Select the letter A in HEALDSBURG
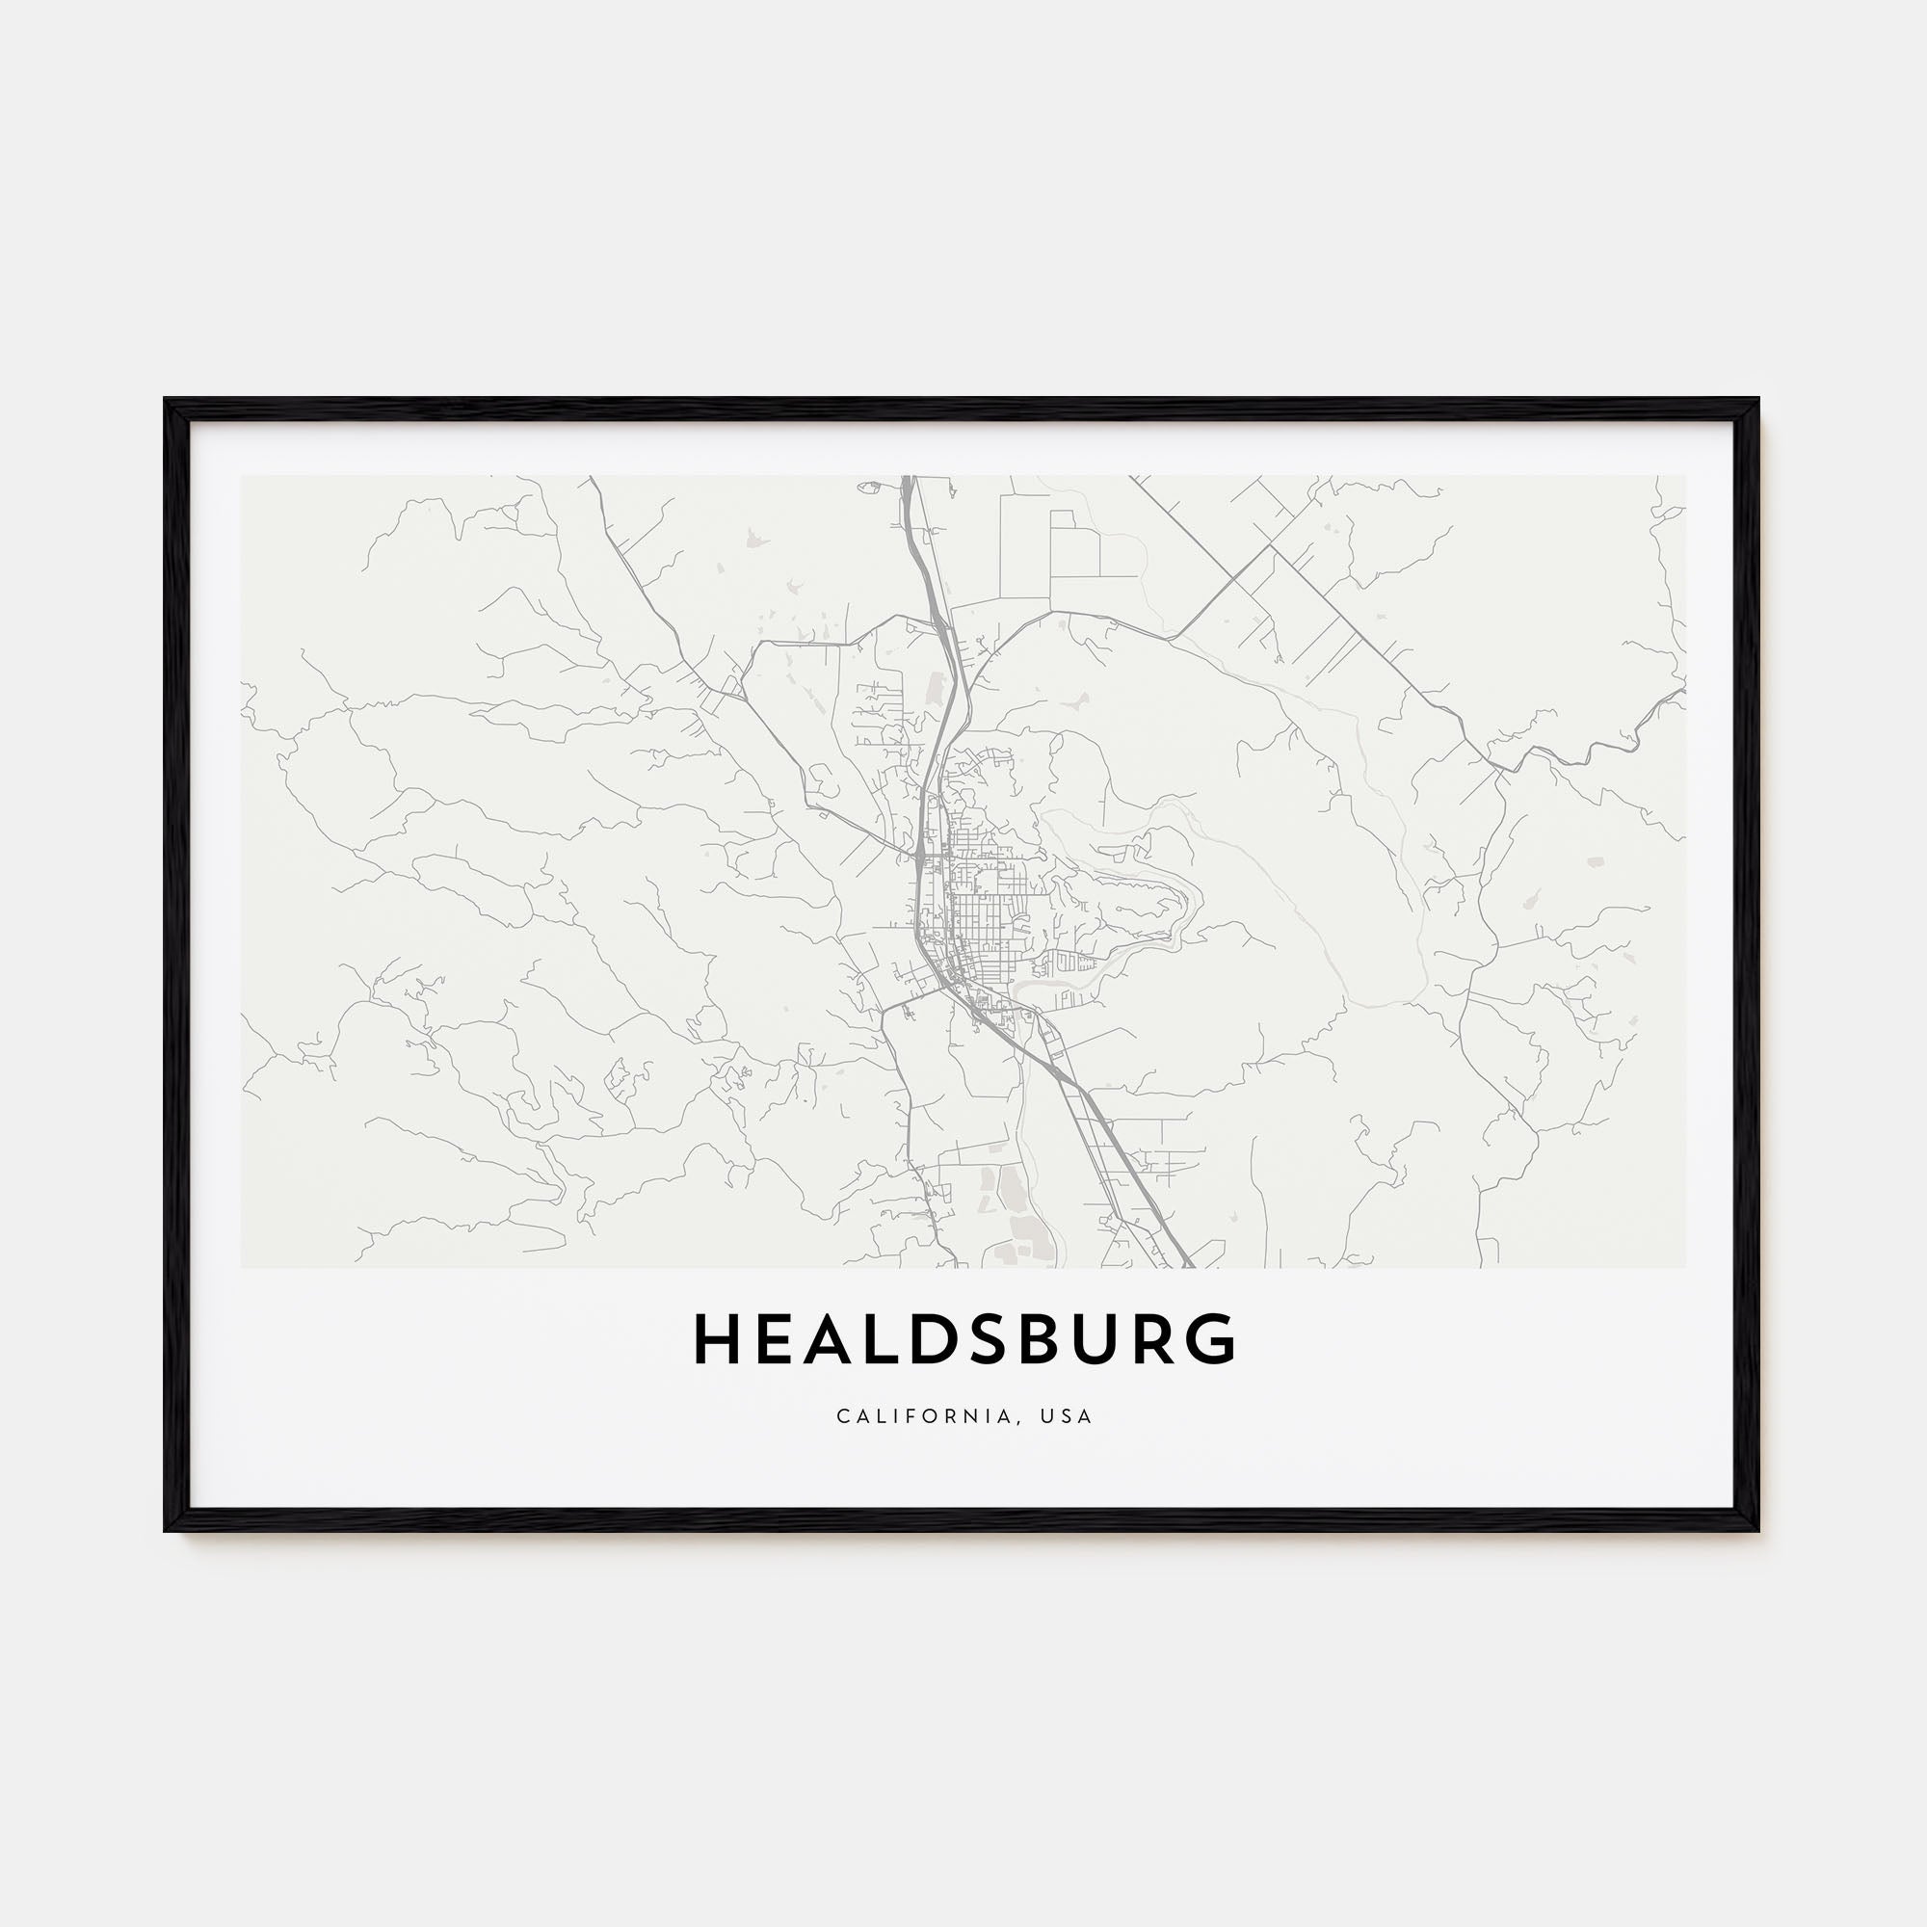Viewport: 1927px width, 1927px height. tap(831, 1339)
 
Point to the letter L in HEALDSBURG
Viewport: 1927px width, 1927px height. tap(886, 1339)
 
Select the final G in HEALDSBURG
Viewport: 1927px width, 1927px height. tap(1215, 1339)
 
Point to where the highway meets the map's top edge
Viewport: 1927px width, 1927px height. tap(908, 478)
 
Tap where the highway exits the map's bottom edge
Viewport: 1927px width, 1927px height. tap(1187, 1266)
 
